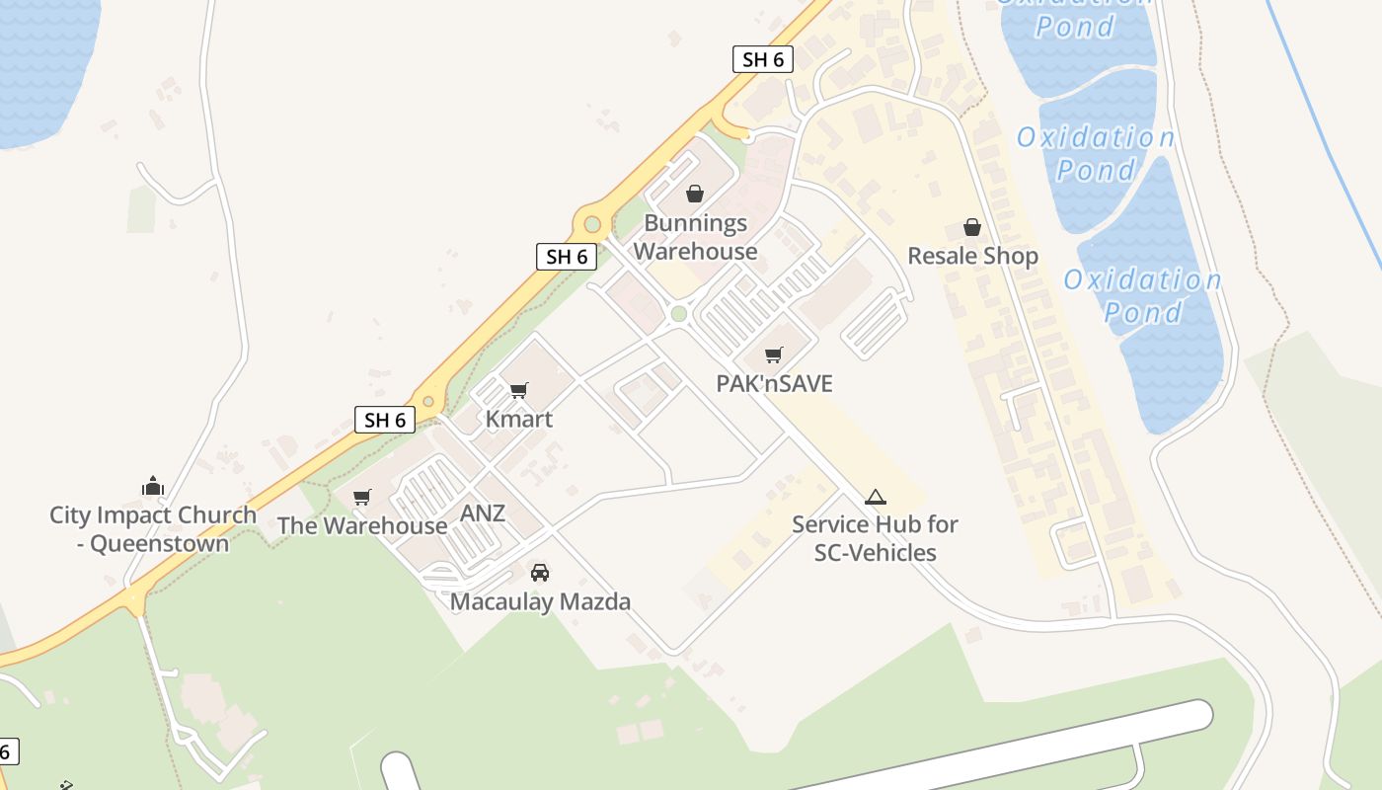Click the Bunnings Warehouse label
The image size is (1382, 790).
[695, 237]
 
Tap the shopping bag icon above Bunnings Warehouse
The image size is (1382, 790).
[695, 194]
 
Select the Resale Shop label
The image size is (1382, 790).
[972, 257]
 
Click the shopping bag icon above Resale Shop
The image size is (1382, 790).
[972, 227]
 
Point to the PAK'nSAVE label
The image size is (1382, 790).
[774, 383]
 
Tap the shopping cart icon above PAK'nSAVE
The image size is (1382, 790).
[774, 355]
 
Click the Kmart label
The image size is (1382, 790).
[518, 419]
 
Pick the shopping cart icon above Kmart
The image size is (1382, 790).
[519, 390]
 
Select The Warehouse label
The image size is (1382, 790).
[361, 525]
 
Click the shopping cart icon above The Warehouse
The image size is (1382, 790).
[362, 497]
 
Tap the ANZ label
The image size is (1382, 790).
[483, 513]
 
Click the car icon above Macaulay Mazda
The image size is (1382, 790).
[540, 572]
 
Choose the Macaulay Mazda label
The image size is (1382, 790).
[540, 601]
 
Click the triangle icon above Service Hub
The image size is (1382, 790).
[875, 497]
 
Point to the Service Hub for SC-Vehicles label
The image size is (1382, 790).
[875, 538]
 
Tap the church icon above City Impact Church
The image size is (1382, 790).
[152, 486]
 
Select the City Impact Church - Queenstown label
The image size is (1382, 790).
[153, 529]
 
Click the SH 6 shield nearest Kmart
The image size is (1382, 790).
[385, 420]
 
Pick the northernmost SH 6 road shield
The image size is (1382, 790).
[763, 59]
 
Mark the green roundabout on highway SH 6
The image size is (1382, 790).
[592, 224]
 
